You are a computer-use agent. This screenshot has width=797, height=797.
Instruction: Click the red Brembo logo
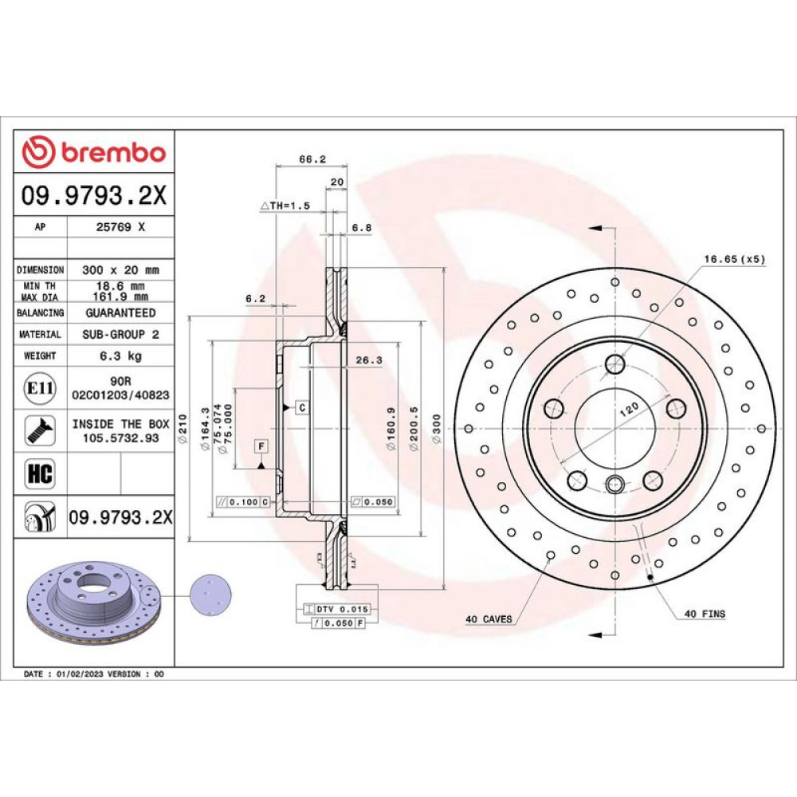[x=94, y=152]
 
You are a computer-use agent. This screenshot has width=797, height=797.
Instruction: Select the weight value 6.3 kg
[x=121, y=355]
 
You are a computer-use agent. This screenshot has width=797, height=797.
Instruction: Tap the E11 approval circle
[x=40, y=388]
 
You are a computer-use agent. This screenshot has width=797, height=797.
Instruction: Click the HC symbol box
[x=40, y=473]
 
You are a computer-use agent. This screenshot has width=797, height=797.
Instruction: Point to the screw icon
[x=40, y=430]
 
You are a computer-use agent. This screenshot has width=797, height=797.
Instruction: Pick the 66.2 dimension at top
[x=312, y=159]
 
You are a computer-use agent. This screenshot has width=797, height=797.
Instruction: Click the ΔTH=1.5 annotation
[x=285, y=206]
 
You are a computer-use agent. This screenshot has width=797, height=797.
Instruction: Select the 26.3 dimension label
[x=369, y=360]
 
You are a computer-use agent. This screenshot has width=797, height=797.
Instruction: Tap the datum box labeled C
[x=302, y=407]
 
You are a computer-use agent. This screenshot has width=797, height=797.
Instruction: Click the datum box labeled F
[x=261, y=446]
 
